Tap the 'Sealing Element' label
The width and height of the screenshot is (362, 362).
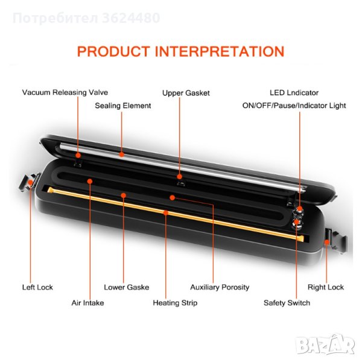[123, 106]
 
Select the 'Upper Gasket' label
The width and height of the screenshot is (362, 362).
[186, 93]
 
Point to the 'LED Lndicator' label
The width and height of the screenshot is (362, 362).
[294, 93]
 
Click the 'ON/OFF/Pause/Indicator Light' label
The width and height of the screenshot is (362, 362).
[294, 106]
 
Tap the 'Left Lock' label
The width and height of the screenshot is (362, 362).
[37, 287]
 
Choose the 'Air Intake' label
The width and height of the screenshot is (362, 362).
[87, 302]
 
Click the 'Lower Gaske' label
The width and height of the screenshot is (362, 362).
[127, 287]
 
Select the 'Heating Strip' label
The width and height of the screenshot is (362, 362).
[175, 302]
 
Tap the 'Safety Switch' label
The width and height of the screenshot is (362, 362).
[287, 302]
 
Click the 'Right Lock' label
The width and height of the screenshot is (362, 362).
[326, 287]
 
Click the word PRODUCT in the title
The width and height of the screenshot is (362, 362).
[114, 51]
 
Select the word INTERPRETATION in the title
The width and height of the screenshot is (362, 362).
[220, 51]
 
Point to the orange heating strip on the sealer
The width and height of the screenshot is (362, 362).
[169, 212]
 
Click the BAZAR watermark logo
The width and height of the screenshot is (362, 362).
[334, 344]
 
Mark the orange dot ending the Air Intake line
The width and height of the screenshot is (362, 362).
[90, 180]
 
